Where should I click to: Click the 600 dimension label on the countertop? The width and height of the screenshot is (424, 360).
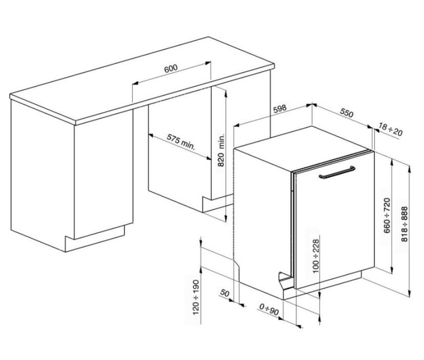[171, 68]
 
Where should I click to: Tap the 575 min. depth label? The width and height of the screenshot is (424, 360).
[180, 142]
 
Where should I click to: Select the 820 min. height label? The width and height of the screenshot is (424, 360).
[221, 150]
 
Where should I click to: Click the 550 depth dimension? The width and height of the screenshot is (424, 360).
[347, 113]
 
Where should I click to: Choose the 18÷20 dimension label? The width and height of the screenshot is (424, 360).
[391, 129]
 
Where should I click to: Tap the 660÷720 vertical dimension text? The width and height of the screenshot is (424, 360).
[387, 215]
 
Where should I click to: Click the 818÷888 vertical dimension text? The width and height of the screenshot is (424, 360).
[405, 224]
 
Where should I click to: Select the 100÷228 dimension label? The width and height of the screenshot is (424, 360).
[316, 256]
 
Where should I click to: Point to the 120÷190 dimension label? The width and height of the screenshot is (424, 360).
[196, 297]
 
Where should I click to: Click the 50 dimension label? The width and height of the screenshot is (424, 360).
[225, 293]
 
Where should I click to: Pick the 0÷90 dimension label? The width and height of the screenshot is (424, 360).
[269, 310]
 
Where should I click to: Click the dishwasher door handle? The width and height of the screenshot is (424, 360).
[337, 172]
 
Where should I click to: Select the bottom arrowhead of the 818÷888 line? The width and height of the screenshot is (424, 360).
[410, 293]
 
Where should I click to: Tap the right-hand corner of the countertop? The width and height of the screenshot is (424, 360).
[274, 66]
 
